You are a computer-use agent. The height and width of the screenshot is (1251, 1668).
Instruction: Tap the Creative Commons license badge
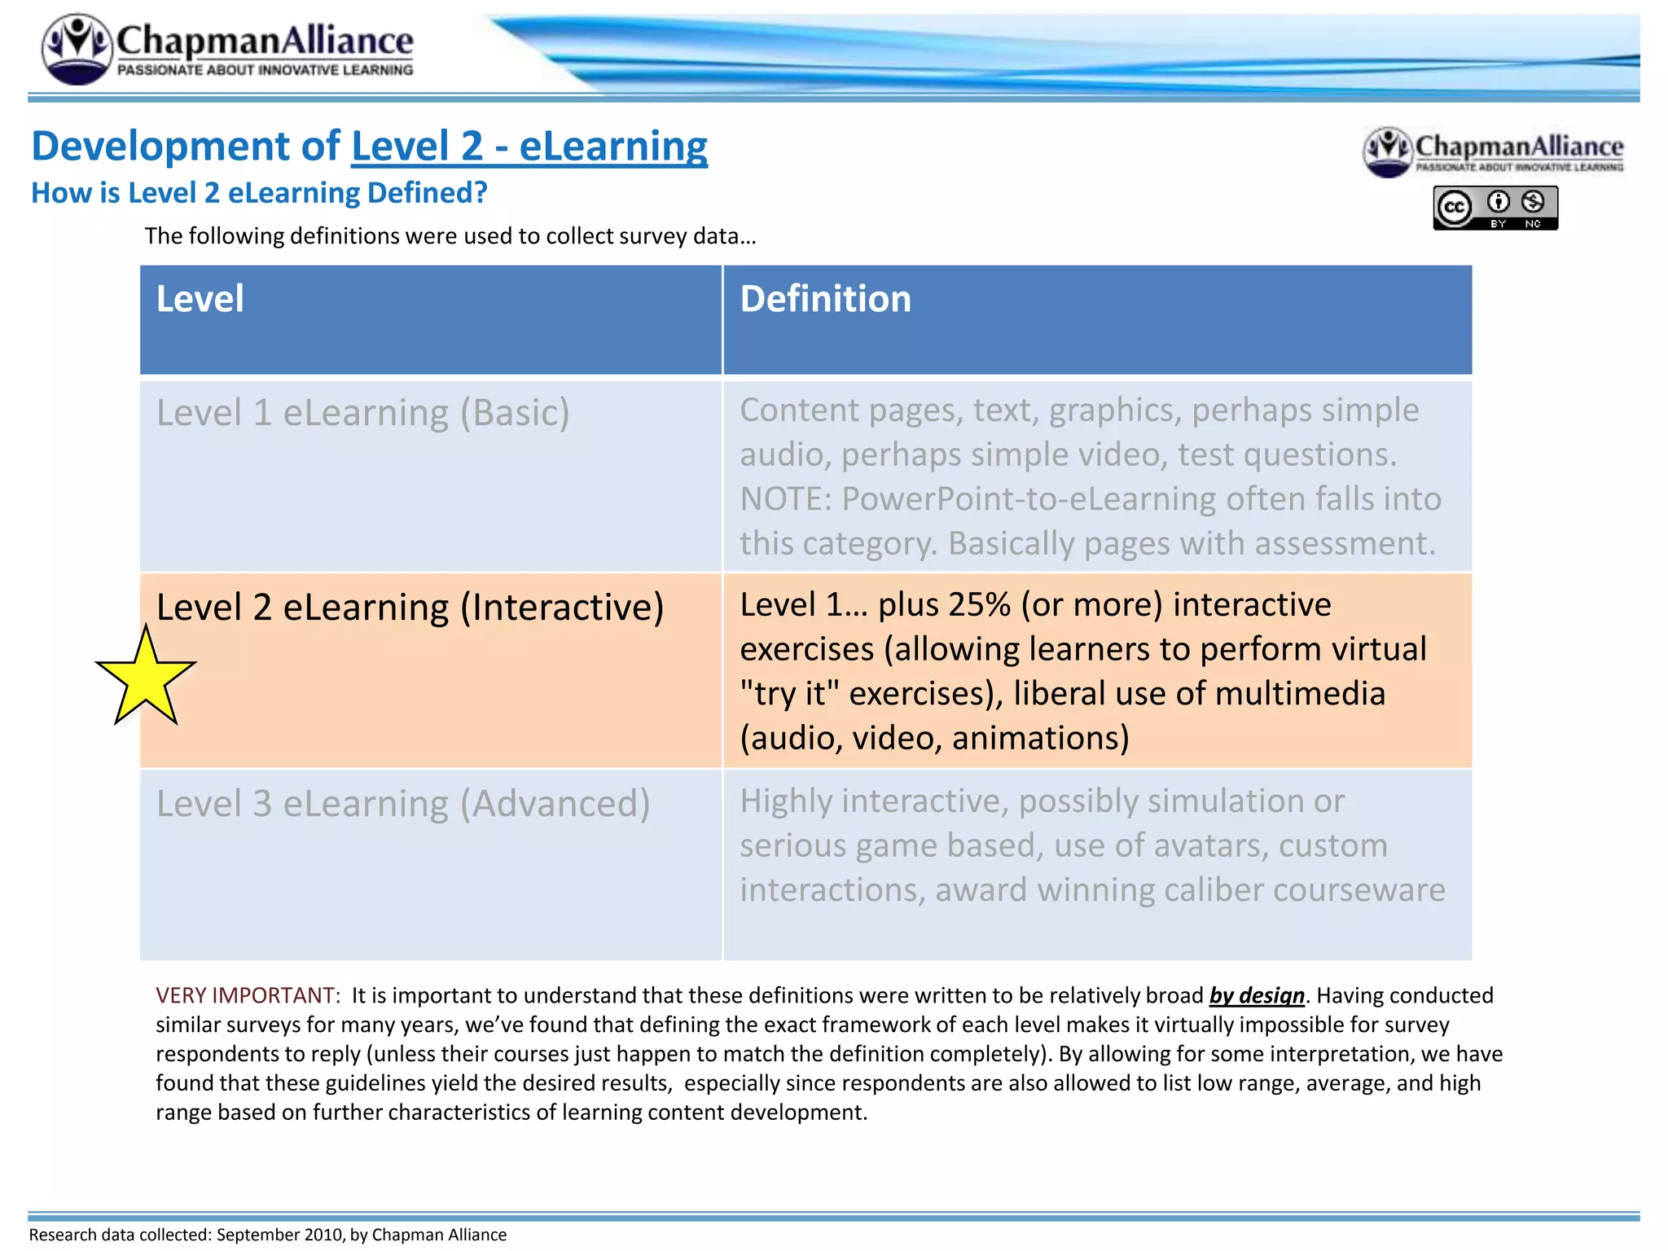(1495, 208)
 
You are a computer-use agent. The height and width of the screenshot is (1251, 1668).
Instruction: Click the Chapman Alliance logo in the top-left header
(228, 48)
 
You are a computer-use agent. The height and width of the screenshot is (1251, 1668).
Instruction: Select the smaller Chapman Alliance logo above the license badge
(1493, 151)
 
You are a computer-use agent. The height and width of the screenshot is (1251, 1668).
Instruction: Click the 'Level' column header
(200, 299)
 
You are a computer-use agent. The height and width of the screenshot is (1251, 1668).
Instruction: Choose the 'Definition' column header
(825, 299)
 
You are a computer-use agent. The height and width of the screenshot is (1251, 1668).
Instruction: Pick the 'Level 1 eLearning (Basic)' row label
(362, 413)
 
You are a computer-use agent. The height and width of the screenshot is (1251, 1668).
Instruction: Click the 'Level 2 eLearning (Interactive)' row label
(410, 608)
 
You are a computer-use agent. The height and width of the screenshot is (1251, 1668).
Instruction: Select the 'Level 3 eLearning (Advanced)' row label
(403, 804)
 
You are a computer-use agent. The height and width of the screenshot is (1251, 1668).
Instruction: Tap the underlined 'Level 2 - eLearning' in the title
(529, 147)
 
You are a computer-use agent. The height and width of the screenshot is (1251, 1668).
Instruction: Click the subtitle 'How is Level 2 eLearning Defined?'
(259, 193)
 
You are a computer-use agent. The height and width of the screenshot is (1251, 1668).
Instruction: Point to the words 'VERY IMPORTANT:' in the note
(248, 995)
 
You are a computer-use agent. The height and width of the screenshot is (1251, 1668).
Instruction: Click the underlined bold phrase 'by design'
(1257, 995)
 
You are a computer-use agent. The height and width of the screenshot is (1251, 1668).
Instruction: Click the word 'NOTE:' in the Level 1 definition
(785, 499)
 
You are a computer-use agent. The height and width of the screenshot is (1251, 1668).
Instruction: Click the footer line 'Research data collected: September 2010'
(267, 1235)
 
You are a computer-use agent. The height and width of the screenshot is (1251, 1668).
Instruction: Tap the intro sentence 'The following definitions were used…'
(450, 236)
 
